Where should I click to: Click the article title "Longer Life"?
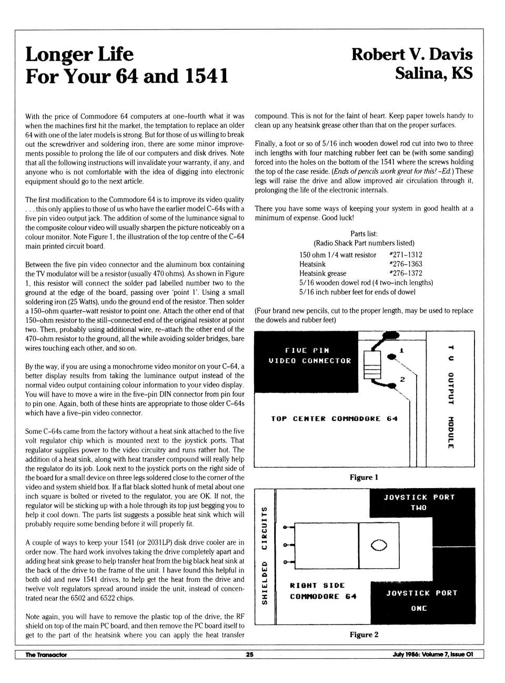click(79, 54)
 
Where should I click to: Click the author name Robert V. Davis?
click(412, 54)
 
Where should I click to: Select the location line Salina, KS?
click(433, 73)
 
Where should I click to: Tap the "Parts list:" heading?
click(364, 234)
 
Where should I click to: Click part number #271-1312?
click(406, 255)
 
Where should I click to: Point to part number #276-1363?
click(406, 264)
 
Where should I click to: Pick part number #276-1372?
click(406, 273)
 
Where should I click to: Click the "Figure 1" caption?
click(364, 478)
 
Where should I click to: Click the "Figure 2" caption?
click(364, 635)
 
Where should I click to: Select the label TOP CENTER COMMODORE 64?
click(334, 419)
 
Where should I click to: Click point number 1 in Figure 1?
click(402, 350)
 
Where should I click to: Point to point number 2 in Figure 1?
click(402, 379)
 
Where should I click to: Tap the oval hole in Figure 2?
click(379, 545)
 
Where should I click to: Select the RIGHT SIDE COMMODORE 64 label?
click(322, 591)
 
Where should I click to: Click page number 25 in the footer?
click(249, 655)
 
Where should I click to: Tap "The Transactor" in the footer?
click(46, 655)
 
